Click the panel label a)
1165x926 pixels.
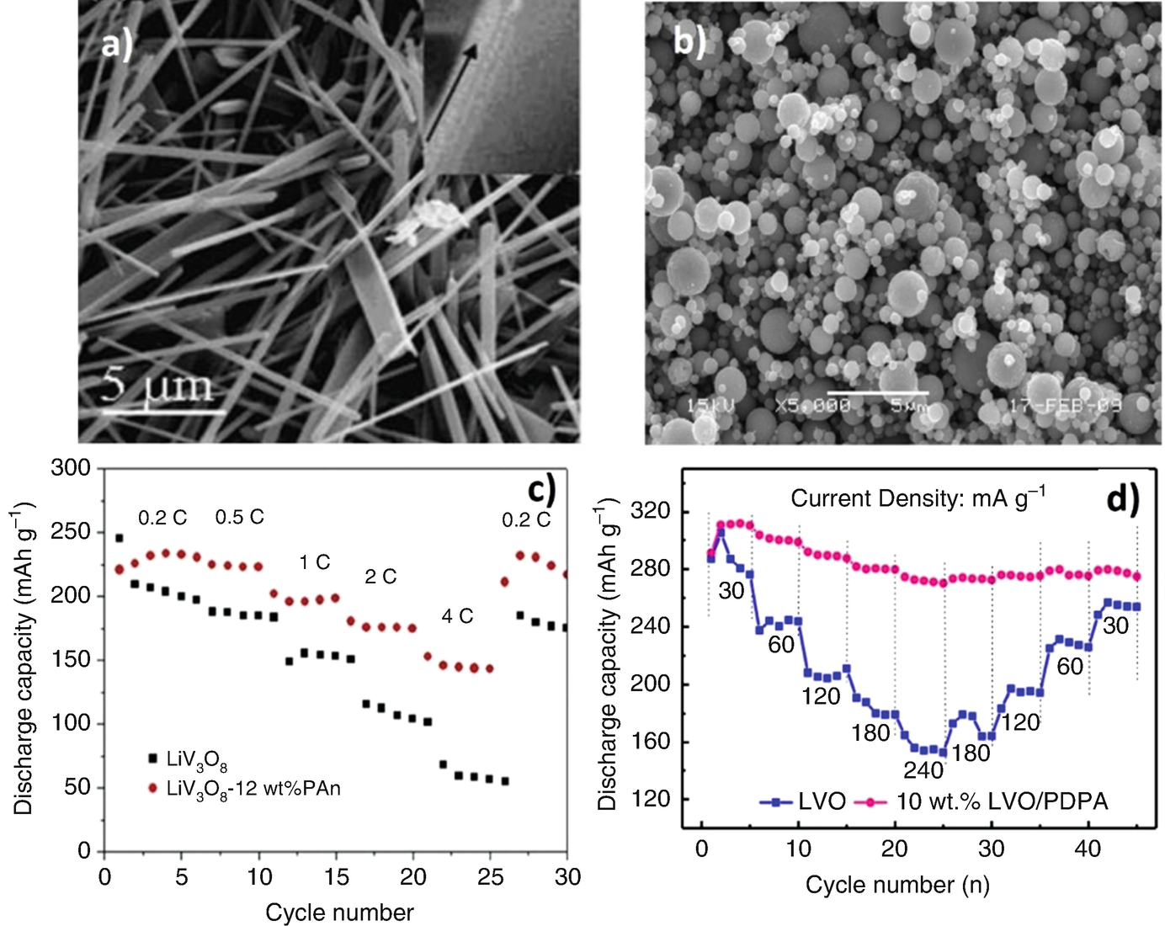point(117,44)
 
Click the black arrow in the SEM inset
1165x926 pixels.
point(450,92)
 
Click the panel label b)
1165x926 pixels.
point(689,40)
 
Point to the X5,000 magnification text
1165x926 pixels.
point(811,407)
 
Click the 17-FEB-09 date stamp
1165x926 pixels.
point(1065,406)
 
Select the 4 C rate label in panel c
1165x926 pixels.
point(457,617)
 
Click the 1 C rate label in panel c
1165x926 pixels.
point(314,562)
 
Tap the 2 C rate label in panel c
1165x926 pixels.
point(380,577)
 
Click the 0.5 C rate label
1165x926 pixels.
point(239,517)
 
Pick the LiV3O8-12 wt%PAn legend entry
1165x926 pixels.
point(253,789)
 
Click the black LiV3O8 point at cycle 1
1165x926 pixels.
point(120,538)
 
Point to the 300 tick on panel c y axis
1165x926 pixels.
point(71,468)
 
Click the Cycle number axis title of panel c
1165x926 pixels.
point(339,913)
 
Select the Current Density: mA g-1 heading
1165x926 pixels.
point(918,498)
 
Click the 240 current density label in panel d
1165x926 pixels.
point(923,770)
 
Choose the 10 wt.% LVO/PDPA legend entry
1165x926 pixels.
point(1002,801)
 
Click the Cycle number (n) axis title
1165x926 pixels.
point(897,885)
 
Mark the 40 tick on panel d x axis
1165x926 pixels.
point(1088,849)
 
